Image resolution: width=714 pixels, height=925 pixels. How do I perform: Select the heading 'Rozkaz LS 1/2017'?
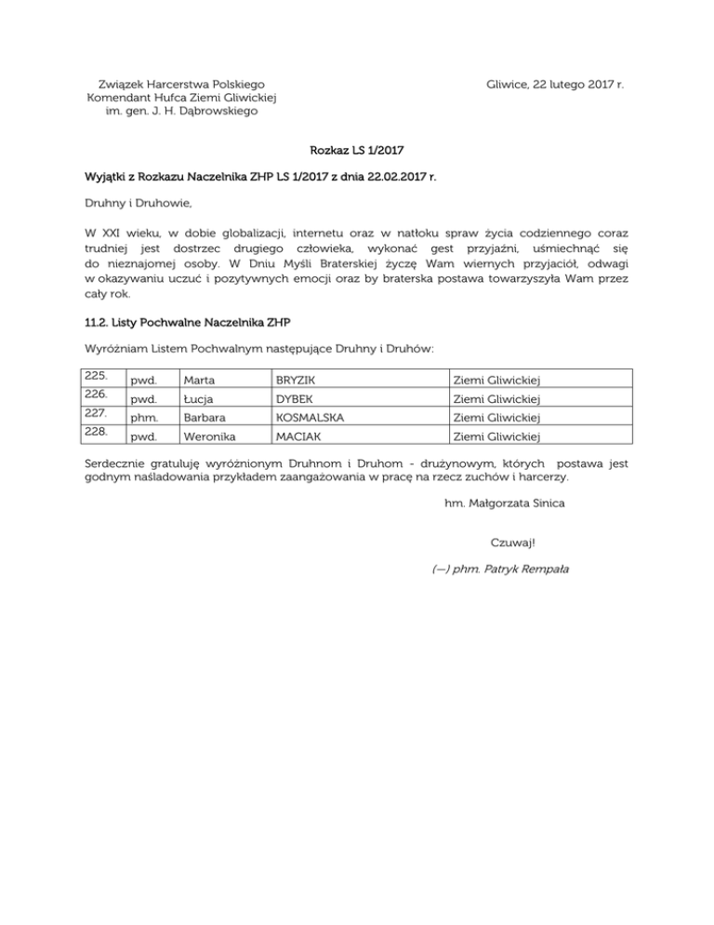(x=358, y=148)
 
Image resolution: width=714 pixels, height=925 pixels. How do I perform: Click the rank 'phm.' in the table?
(x=143, y=417)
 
